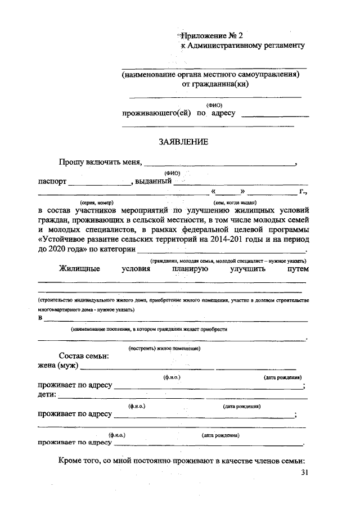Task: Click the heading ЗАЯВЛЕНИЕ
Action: tap(183, 142)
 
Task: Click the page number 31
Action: tap(305, 472)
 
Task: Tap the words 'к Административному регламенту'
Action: tap(242, 46)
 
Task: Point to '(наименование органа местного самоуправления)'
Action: tap(211, 74)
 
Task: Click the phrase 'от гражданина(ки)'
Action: tap(215, 84)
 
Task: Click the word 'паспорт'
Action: tap(52, 182)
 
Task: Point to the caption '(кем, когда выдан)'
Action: tap(235, 202)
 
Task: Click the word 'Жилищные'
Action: tap(79, 269)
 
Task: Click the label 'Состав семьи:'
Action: tap(84, 357)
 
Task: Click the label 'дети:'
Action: tap(47, 395)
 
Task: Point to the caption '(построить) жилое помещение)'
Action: tap(165, 348)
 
